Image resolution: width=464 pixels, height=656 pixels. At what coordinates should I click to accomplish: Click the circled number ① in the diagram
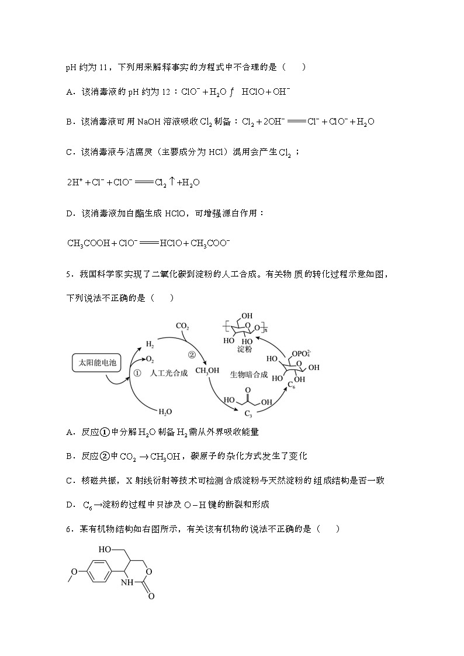pyautogui.click(x=138, y=372)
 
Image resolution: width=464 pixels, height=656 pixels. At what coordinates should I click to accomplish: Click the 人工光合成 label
pyautogui.click(x=168, y=373)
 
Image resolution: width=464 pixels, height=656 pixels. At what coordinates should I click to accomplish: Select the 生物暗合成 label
pyautogui.click(x=249, y=374)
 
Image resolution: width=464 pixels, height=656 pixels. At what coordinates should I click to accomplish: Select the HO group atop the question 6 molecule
pyautogui.click(x=105, y=549)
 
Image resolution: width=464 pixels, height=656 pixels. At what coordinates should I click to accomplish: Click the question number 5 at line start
pyautogui.click(x=68, y=274)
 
